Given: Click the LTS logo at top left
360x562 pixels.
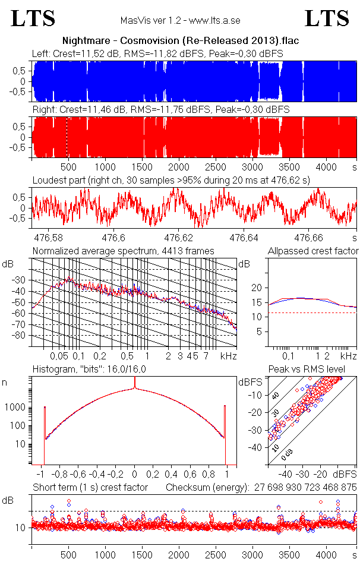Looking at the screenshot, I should (x=33, y=18).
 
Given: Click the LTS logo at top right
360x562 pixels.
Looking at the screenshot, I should (x=327, y=18).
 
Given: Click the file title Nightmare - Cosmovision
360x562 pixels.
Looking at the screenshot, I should (x=180, y=41).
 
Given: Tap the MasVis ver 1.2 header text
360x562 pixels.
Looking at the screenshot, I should (x=180, y=21).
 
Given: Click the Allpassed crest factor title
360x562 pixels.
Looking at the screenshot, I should (x=313, y=251).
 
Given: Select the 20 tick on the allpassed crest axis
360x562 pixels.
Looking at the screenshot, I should (x=256, y=288).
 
